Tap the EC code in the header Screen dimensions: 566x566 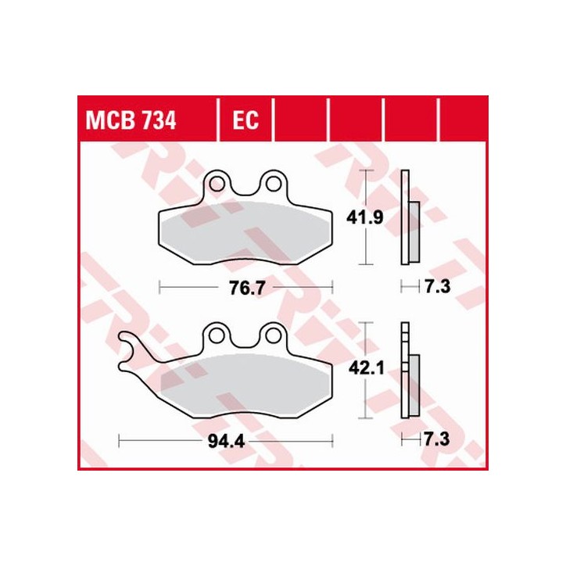point(245,121)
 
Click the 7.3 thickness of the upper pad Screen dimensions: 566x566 point(436,288)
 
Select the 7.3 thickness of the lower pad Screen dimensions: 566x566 point(436,441)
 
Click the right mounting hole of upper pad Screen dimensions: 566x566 point(273,184)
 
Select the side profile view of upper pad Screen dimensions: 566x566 point(407,219)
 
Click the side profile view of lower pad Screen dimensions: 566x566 point(407,371)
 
